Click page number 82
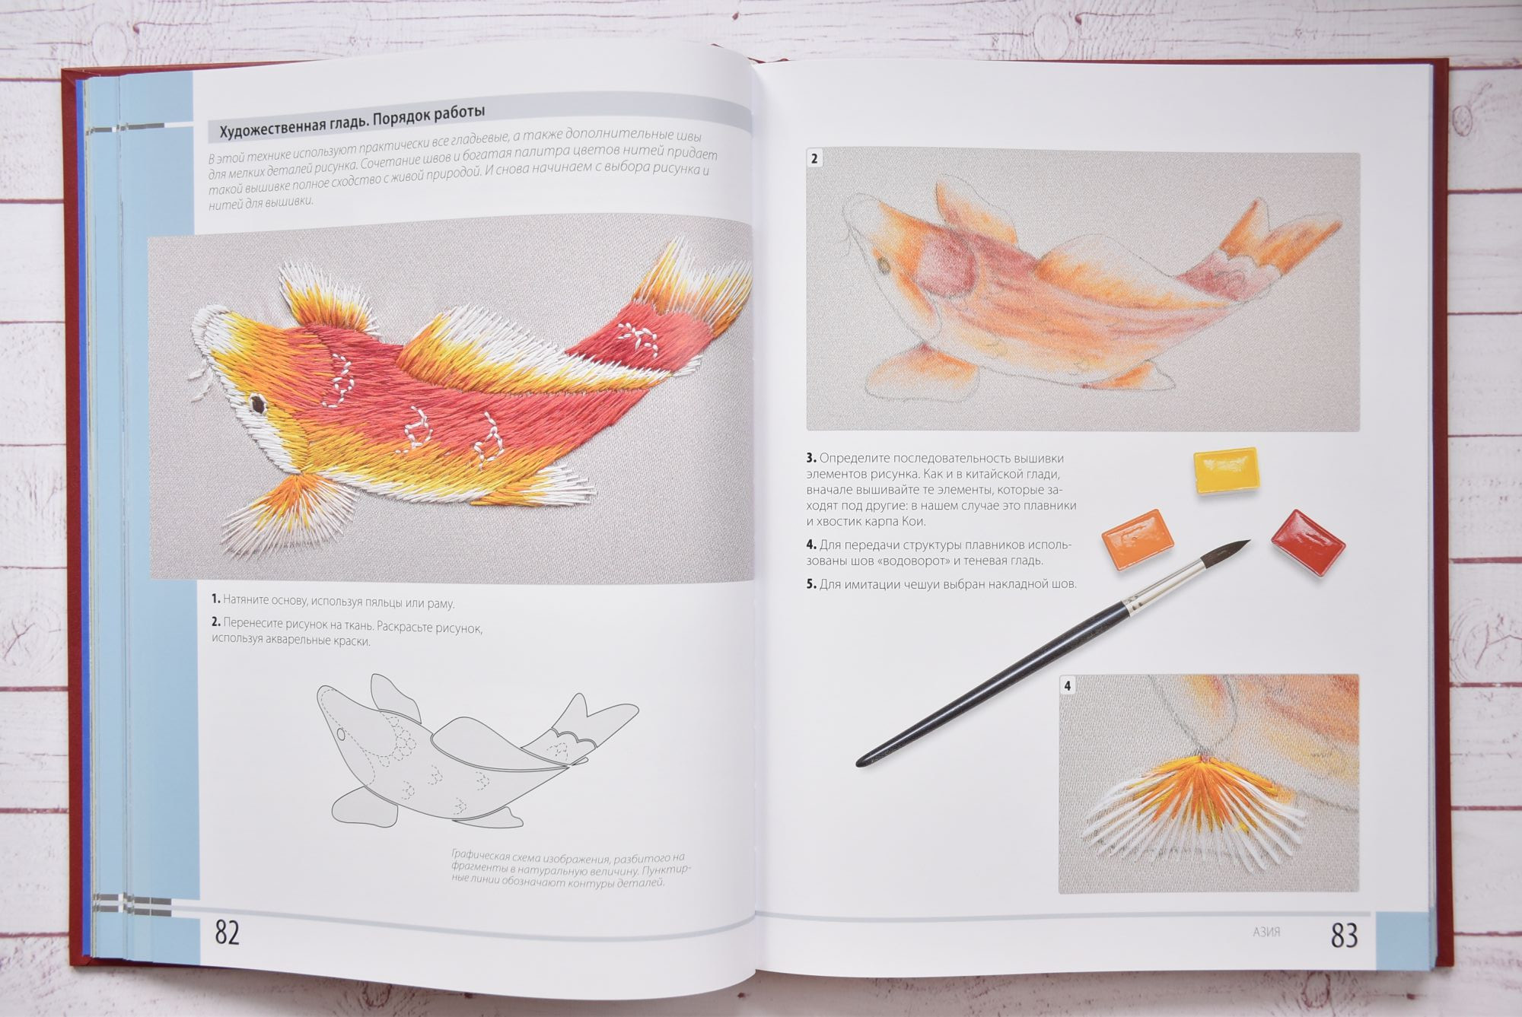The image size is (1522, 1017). [228, 932]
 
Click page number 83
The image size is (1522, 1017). [1345, 935]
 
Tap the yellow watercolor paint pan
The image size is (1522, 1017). [1225, 470]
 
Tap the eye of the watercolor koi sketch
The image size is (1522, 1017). [884, 264]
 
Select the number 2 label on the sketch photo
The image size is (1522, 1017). [815, 160]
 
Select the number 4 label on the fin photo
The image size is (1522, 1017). [1068, 686]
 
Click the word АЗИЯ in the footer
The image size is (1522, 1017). [1266, 932]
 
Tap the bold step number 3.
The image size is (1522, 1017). [811, 458]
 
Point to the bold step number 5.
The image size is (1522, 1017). [811, 585]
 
